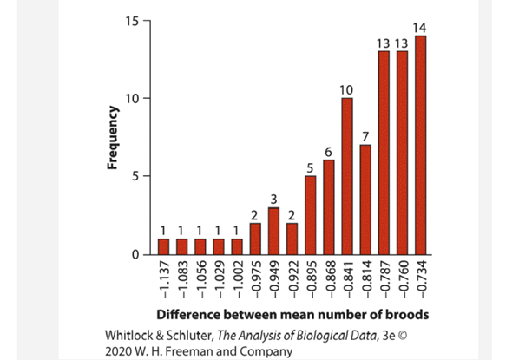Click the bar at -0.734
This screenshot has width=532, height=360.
click(420, 145)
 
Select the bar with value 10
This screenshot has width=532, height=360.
click(347, 176)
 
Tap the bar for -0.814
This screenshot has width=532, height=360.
click(365, 200)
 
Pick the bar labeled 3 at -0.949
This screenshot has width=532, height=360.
click(273, 231)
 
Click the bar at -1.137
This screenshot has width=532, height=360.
click(163, 246)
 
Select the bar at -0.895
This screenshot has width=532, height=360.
click(310, 215)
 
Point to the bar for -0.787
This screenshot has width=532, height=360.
click(384, 153)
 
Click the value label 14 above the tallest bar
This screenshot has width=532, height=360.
click(420, 28)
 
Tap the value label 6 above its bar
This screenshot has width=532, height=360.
click(328, 153)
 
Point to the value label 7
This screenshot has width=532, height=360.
click(365, 137)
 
